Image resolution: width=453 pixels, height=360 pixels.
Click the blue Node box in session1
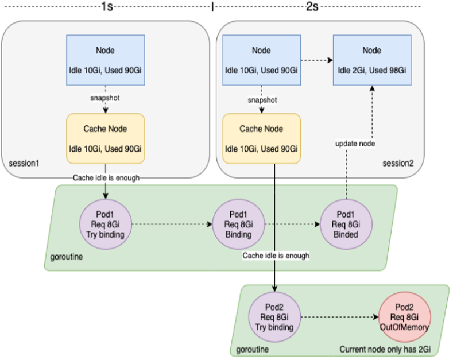click(105, 60)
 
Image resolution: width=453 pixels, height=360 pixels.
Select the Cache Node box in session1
click(105, 138)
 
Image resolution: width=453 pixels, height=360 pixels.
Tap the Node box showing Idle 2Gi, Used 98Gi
click(372, 60)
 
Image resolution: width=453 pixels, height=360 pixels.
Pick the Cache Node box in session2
click(261, 138)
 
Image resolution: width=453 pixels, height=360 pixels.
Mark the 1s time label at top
click(107, 7)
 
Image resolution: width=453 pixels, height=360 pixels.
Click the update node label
click(357, 142)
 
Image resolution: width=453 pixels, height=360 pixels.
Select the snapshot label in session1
click(105, 98)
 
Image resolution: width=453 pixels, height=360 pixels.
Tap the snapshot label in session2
click(262, 100)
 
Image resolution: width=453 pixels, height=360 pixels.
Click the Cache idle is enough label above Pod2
click(276, 255)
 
